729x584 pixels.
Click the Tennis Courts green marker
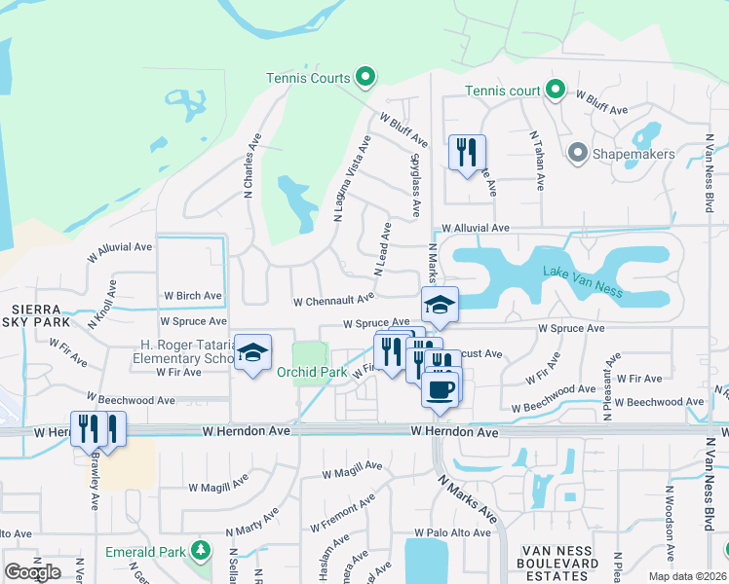point(365,76)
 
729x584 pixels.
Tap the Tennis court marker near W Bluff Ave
point(556,91)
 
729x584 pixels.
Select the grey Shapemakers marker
point(577,152)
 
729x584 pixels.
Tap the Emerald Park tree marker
point(200,551)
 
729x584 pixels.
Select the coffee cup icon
point(440,388)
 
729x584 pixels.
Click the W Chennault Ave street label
point(333,300)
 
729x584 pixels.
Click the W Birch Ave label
point(192,295)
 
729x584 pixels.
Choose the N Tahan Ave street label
point(535,162)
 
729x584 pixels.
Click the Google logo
point(32,572)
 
